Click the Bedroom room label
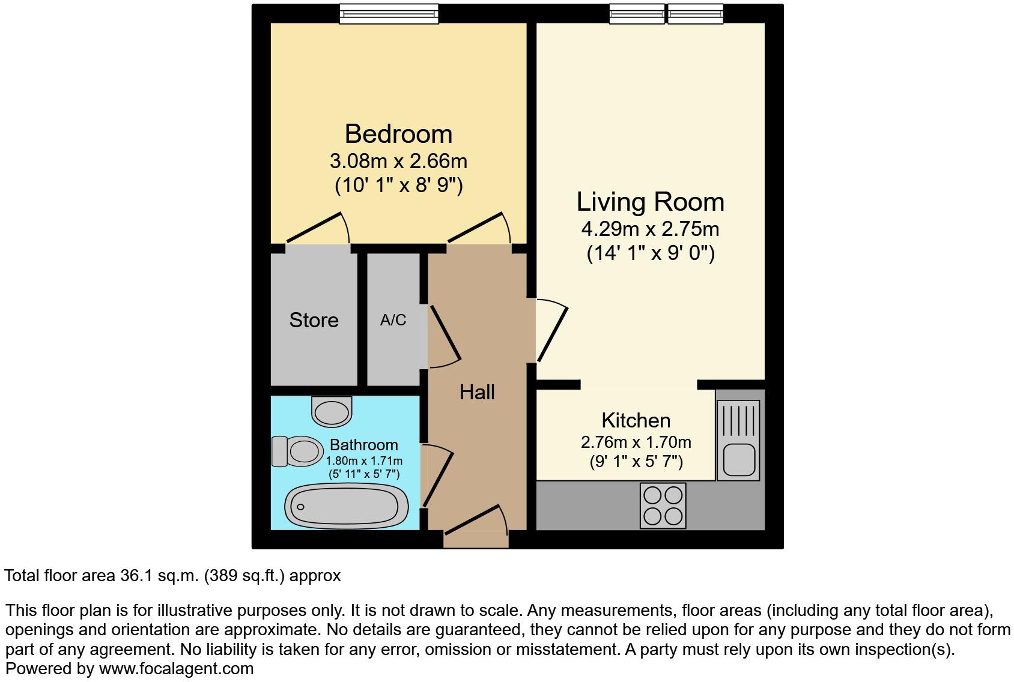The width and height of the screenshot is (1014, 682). click(x=398, y=133)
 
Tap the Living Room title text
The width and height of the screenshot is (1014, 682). click(x=650, y=202)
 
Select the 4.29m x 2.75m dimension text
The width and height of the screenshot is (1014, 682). click(x=650, y=229)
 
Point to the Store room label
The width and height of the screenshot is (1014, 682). click(x=314, y=320)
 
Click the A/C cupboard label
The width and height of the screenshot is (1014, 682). click(x=393, y=320)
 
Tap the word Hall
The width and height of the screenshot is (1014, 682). click(x=477, y=392)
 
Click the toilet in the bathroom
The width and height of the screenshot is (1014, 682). click(x=298, y=451)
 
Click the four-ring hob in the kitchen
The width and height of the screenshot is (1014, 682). click(x=663, y=505)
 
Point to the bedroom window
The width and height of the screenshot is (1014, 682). click(x=389, y=13)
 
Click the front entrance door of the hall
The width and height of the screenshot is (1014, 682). click(x=474, y=520)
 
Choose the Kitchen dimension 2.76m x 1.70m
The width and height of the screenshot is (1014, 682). click(x=636, y=442)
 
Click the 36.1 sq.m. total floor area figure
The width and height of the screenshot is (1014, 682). click(x=157, y=576)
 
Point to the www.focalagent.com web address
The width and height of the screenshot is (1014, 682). click(x=176, y=668)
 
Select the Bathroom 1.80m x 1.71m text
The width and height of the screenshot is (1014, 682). click(x=364, y=461)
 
